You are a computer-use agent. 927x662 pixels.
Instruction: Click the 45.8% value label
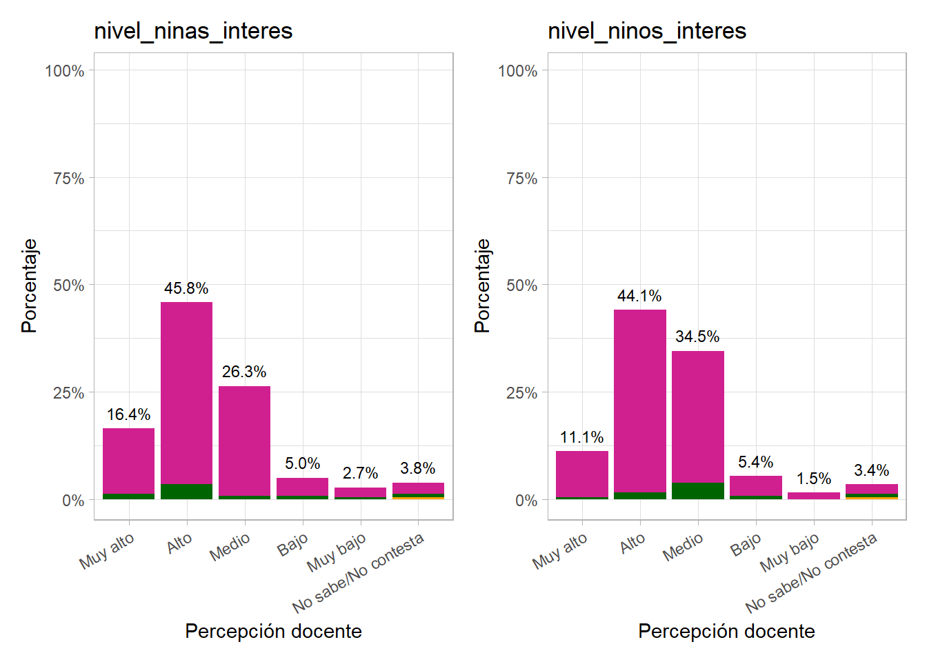click(186, 288)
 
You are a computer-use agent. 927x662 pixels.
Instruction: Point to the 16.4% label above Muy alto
click(128, 414)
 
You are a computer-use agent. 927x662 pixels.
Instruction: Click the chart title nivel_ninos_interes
click(646, 31)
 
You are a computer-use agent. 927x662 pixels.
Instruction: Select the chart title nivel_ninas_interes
click(193, 31)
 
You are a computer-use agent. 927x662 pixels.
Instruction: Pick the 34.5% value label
click(697, 337)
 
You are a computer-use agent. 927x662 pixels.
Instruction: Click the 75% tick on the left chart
click(68, 179)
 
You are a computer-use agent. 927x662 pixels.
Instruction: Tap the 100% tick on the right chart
click(517, 71)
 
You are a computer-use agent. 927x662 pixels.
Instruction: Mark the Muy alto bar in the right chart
click(582, 474)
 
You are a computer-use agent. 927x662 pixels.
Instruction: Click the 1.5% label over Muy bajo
click(814, 479)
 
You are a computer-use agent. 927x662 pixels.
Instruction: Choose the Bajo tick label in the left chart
click(292, 545)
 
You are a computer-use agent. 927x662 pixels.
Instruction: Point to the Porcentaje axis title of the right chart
click(482, 285)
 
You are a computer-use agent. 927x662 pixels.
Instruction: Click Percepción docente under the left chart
click(273, 631)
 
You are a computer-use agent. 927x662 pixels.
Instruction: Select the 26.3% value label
click(244, 372)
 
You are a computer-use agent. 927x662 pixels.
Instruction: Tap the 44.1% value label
click(639, 296)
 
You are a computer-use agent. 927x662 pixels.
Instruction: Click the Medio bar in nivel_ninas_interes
click(244, 441)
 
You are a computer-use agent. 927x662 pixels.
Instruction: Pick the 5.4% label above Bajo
click(755, 462)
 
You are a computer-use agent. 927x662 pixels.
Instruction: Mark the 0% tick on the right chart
click(526, 501)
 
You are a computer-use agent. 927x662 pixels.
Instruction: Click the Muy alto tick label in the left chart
click(107, 551)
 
